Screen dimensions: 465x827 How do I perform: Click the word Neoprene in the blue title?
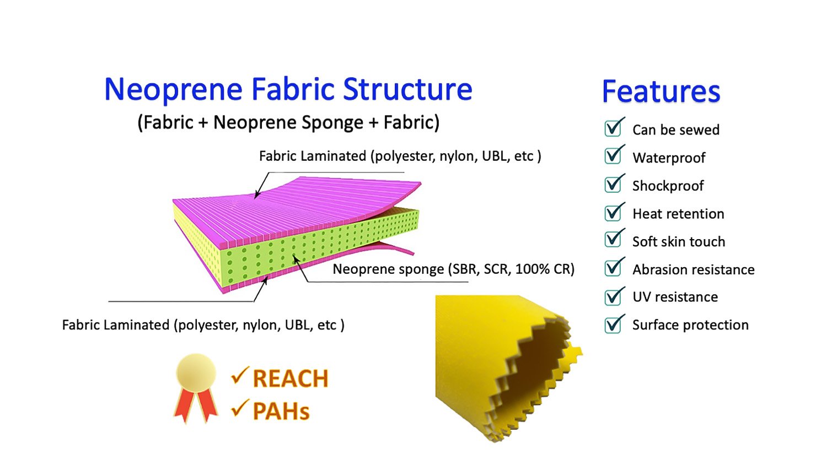[173, 90]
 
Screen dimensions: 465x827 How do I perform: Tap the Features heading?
[661, 91]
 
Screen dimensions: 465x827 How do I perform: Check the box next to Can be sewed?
[613, 128]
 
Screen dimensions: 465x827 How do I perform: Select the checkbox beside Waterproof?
[613, 156]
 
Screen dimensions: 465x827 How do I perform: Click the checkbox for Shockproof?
[613, 184]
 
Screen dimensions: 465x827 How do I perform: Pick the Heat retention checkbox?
[613, 212]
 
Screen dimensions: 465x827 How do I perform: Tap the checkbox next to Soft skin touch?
[613, 240]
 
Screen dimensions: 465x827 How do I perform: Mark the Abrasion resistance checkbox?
[613, 268]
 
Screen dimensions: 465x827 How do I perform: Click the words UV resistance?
[675, 297]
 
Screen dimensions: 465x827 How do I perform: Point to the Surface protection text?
[690, 325]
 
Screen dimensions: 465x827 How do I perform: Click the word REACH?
[290, 379]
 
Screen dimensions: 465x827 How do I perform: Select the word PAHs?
[281, 412]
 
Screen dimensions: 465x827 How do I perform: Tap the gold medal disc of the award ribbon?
[196, 372]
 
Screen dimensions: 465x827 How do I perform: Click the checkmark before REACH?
[240, 376]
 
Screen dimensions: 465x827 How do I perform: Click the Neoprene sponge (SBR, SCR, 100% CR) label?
[453, 269]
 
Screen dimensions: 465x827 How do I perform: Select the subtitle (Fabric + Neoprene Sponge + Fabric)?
[288, 122]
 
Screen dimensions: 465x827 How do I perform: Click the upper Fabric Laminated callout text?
[400, 156]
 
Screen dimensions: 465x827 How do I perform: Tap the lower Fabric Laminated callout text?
[203, 325]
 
